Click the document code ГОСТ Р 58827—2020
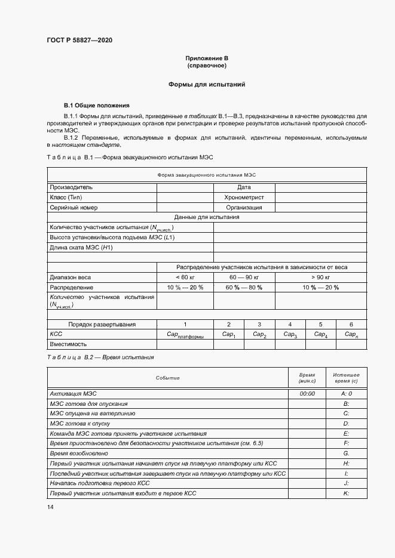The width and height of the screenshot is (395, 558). tap(79, 41)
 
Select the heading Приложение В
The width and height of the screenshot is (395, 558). tap(207, 58)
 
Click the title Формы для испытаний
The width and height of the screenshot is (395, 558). tap(207, 85)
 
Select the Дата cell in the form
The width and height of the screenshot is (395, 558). tap(244, 187)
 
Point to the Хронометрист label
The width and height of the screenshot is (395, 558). tap(244, 197)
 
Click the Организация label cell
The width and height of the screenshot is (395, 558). tap(244, 207)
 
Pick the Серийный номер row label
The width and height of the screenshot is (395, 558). tap(74, 207)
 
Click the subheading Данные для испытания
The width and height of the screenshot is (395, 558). tap(207, 217)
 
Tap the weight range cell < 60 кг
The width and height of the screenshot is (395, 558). tap(185, 278)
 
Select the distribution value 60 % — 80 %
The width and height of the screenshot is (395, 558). tap(244, 288)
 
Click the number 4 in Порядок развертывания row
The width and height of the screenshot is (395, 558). tap(290, 324)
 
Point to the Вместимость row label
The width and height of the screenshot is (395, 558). tap(68, 344)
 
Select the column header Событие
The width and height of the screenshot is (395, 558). tap(167, 378)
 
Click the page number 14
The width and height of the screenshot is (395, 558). tap(50, 507)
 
